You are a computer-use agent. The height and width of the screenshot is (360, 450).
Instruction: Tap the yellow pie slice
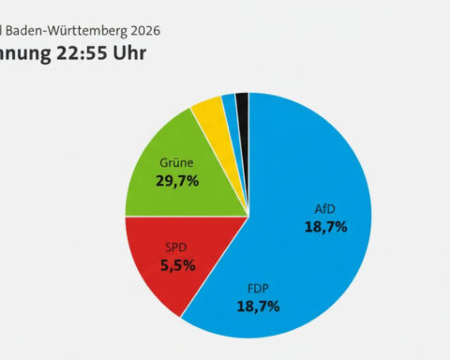[208, 117]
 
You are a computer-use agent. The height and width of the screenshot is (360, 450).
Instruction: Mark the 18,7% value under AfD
[324, 226]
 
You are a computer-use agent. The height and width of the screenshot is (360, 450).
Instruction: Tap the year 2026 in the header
[142, 30]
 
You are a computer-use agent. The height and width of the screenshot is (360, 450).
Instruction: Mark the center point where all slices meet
[248, 217]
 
